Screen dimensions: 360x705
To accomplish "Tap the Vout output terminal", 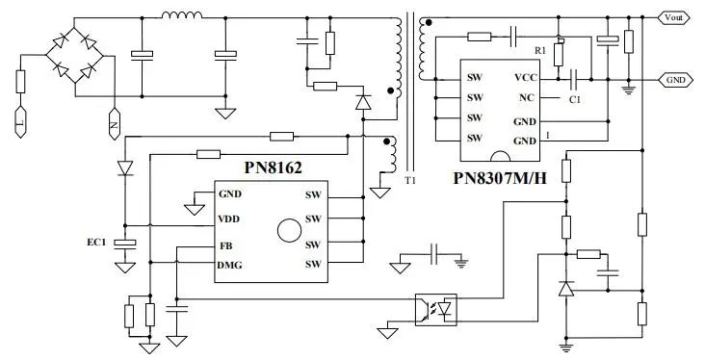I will [675, 16].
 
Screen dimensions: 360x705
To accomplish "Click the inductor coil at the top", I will [180, 16].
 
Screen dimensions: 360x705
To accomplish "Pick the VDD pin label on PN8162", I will [230, 219].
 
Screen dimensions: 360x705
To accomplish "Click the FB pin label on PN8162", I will [224, 245].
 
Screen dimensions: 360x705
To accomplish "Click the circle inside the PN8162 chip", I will [286, 230].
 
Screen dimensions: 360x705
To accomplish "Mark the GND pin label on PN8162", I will [230, 193].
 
